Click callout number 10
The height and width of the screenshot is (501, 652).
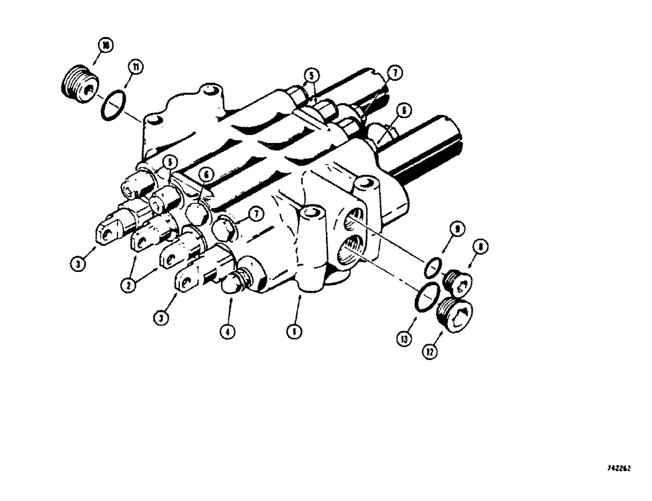(x=104, y=46)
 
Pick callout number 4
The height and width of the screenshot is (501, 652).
(x=228, y=331)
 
